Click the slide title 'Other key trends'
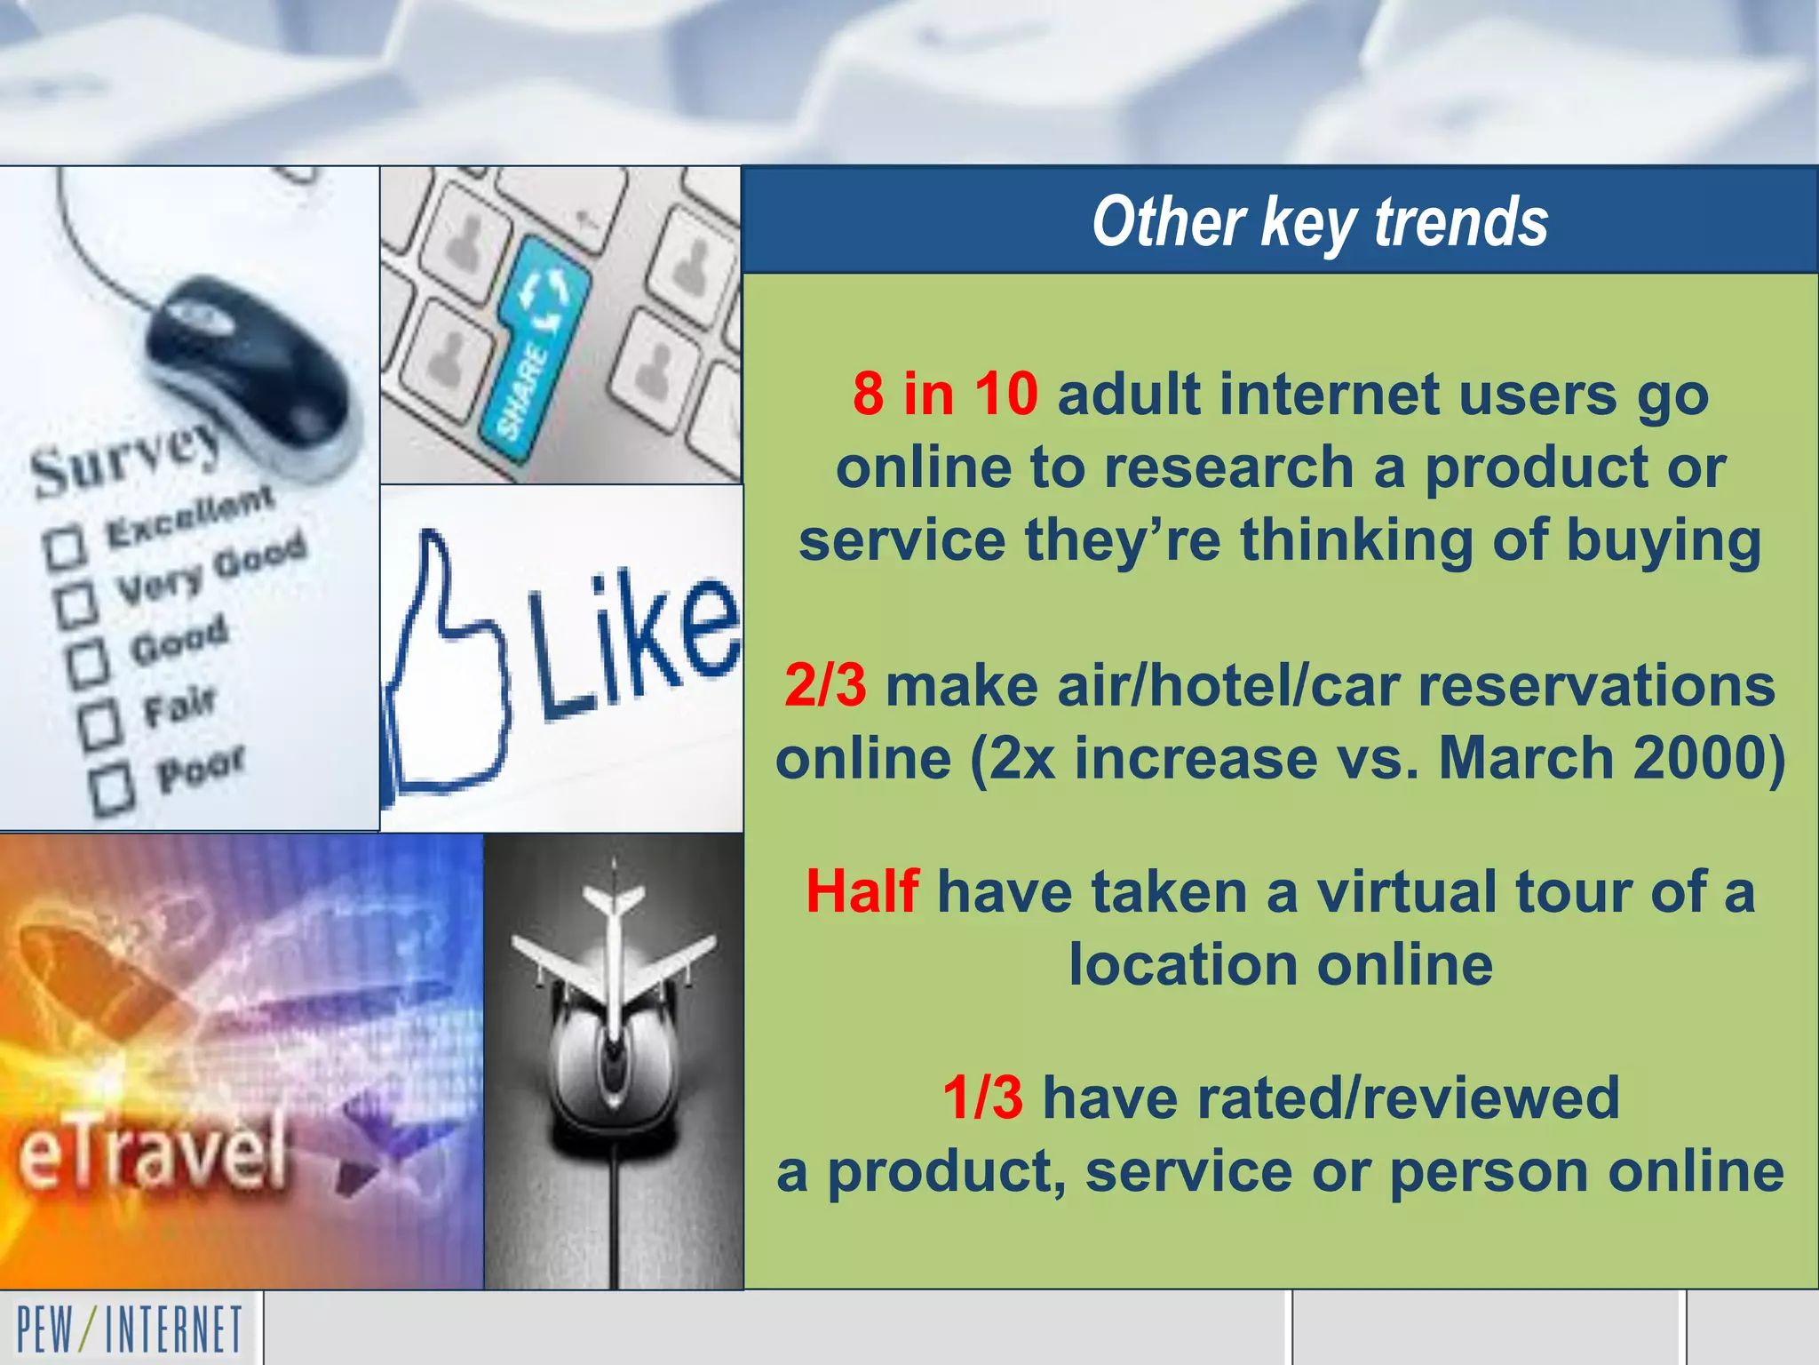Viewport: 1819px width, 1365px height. [1320, 222]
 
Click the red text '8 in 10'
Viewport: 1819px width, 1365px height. [945, 394]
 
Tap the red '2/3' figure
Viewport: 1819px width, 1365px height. [825, 686]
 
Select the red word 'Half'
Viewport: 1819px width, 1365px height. [862, 891]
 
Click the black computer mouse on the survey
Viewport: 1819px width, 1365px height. [253, 364]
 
